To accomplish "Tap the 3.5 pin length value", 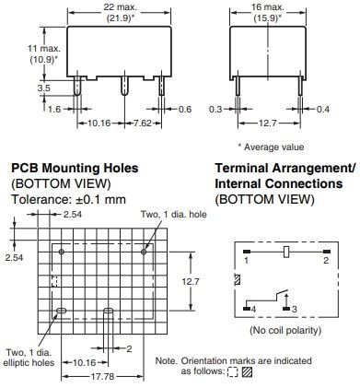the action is (18, 88).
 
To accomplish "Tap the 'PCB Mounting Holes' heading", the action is (75, 170).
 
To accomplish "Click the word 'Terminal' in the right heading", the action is (242, 170).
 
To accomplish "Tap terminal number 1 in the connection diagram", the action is (247, 261).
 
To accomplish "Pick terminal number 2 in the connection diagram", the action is (326, 261).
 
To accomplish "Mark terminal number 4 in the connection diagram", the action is (247, 310).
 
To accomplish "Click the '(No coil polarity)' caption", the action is (285, 330).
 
